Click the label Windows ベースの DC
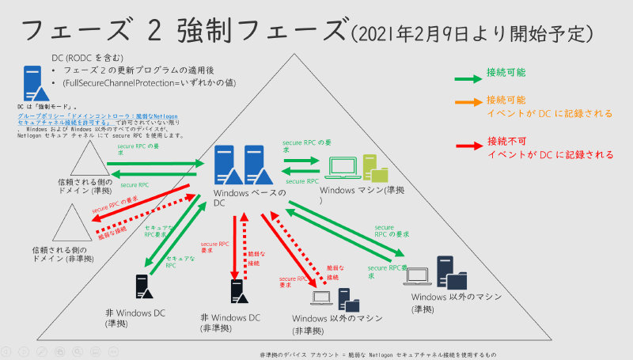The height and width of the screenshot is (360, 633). pyautogui.click(x=249, y=197)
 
